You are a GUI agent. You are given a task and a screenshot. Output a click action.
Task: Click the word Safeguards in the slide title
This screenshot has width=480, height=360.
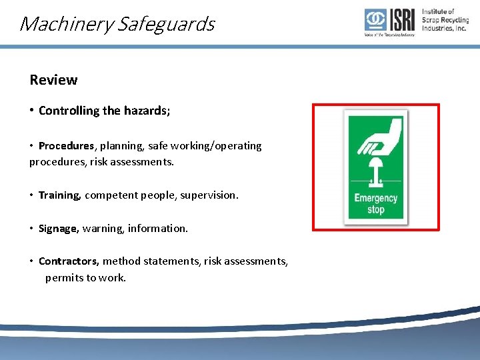(165, 25)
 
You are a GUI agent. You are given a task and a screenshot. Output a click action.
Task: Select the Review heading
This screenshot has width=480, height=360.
(53, 80)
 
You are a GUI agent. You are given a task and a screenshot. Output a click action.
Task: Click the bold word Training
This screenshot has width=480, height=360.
(60, 195)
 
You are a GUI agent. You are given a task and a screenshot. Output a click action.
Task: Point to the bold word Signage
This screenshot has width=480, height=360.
(58, 229)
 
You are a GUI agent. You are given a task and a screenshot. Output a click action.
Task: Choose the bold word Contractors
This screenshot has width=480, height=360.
(69, 262)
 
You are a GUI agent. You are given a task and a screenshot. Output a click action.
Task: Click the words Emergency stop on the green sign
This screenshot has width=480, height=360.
(376, 203)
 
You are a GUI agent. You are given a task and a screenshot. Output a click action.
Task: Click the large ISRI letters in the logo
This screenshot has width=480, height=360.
(402, 20)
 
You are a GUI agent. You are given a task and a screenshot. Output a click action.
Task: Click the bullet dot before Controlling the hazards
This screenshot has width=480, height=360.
(32, 111)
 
